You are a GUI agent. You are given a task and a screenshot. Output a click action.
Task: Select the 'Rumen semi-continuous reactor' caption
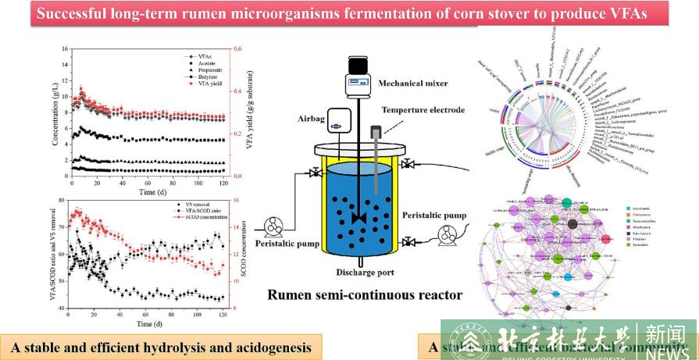click(362, 295)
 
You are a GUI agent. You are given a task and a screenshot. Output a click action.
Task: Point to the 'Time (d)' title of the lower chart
click(148, 323)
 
